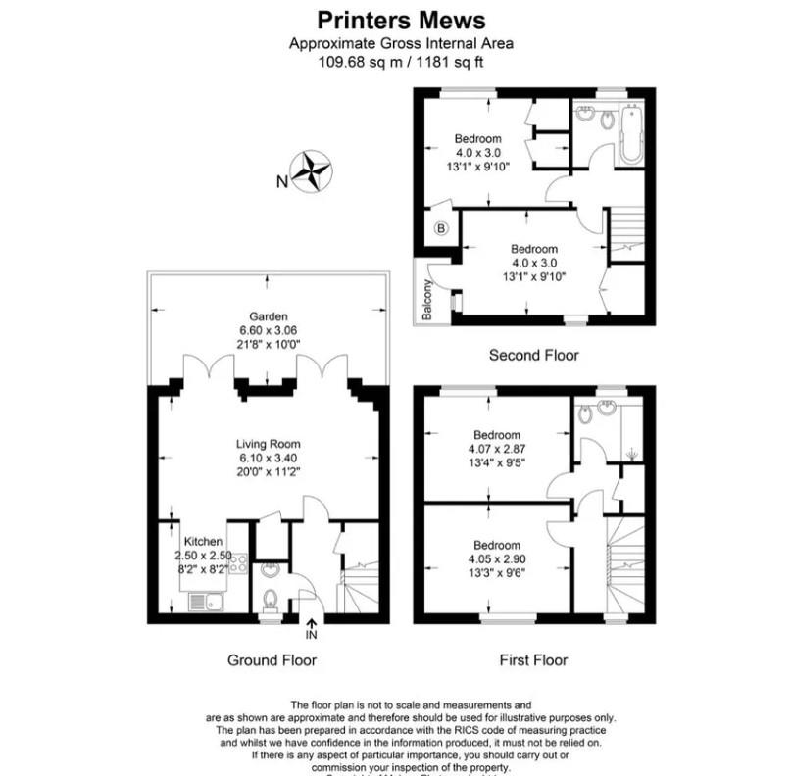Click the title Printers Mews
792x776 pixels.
pyautogui.click(x=401, y=20)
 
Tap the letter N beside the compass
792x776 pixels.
pyautogui.click(x=281, y=181)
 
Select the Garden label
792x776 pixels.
pyautogui.click(x=267, y=316)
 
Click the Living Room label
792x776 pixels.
pyautogui.click(x=267, y=444)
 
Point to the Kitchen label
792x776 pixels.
pyautogui.click(x=204, y=542)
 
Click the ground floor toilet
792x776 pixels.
pyautogui.click(x=272, y=599)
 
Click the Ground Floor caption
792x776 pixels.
pyautogui.click(x=272, y=660)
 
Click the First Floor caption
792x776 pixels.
pyautogui.click(x=533, y=660)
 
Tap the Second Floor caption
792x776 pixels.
pyautogui.click(x=533, y=355)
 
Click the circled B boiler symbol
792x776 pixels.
pyautogui.click(x=440, y=229)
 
